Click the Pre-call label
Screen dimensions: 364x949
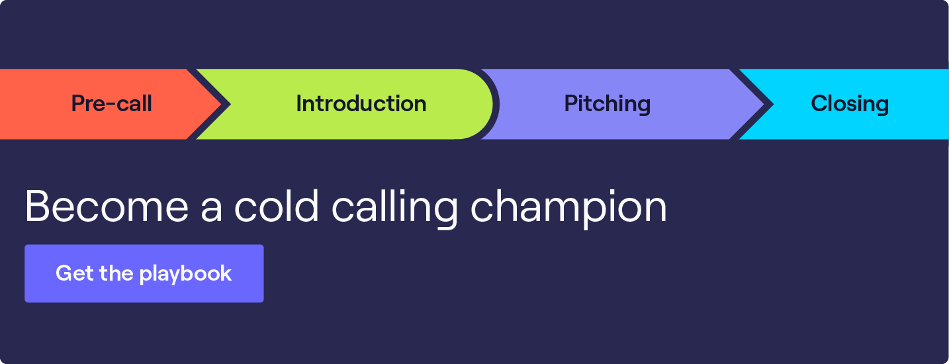pyautogui.click(x=111, y=104)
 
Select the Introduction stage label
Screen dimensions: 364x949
pyautogui.click(x=361, y=104)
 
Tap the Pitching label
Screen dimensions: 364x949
pyautogui.click(x=607, y=104)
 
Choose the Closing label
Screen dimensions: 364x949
pyautogui.click(x=849, y=104)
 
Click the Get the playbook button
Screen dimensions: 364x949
pyautogui.click(x=144, y=273)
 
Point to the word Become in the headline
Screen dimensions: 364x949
pyautogui.click(x=107, y=206)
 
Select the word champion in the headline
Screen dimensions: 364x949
pyautogui.click(x=568, y=208)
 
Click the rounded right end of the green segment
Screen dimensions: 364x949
pyautogui.click(x=486, y=104)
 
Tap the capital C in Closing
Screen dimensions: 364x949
pyautogui.click(x=819, y=104)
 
